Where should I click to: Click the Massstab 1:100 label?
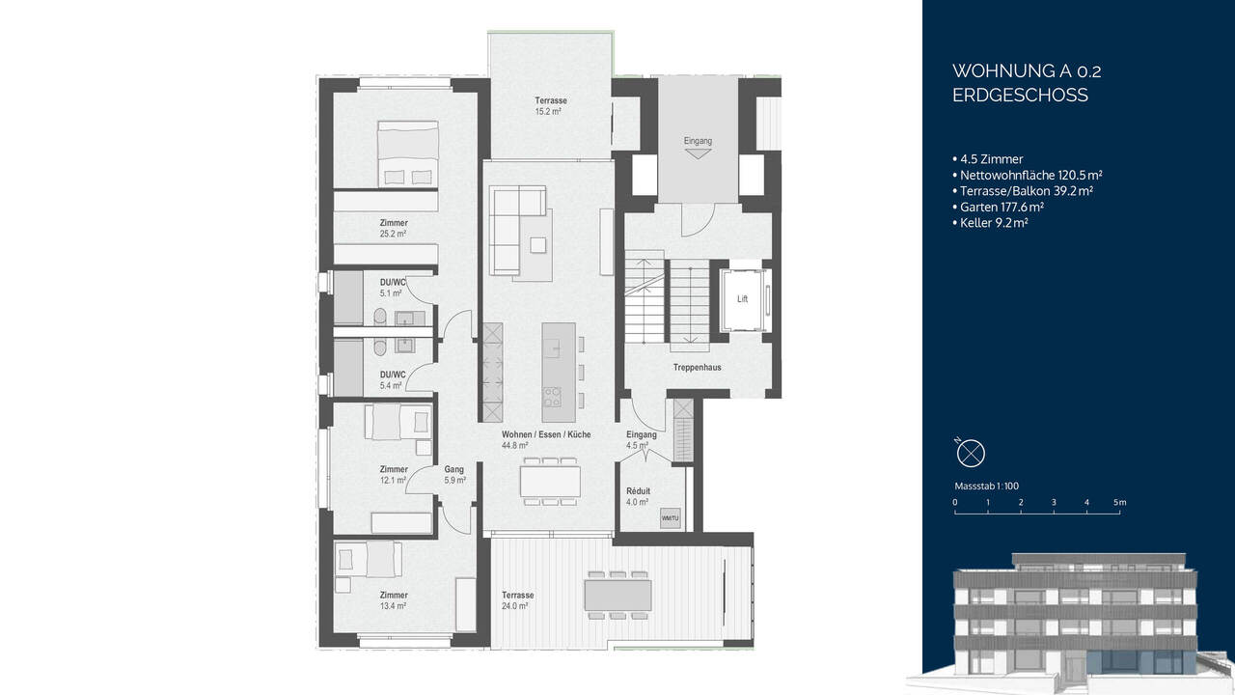[x=986, y=486]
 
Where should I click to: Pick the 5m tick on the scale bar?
[x=1119, y=503]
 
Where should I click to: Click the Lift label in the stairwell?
[x=742, y=299]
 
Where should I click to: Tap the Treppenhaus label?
[x=698, y=368]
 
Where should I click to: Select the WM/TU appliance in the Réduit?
[x=670, y=518]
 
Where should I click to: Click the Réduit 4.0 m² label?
[x=638, y=496]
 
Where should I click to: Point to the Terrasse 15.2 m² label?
[x=551, y=106]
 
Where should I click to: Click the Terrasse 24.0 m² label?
[x=517, y=600]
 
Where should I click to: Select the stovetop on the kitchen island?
[x=553, y=397]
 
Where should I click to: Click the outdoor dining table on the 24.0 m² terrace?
[x=617, y=595]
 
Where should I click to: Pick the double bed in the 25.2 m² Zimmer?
[x=407, y=153]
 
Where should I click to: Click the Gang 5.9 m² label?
[x=454, y=474]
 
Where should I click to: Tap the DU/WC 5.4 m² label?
[x=393, y=379]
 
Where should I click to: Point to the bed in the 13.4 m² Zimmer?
[x=368, y=560]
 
